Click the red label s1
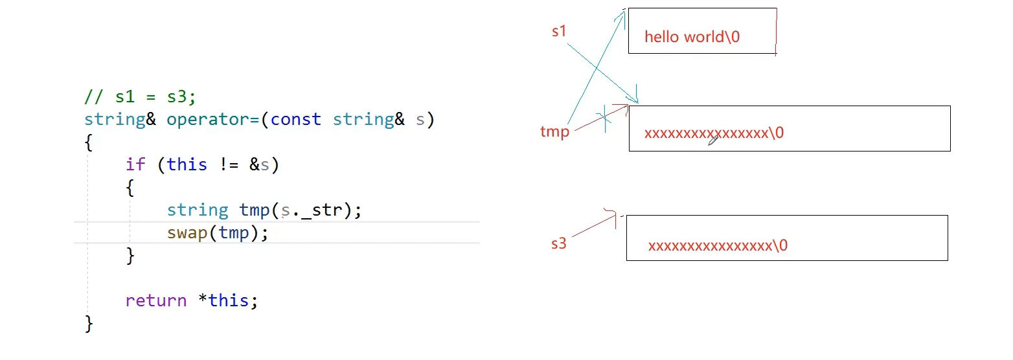(559, 30)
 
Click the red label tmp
(554, 132)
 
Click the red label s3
(558, 243)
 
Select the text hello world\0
(692, 37)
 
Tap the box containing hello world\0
(702, 19)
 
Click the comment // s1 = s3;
(140, 97)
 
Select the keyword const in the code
(295, 120)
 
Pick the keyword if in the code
(136, 165)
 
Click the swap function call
(187, 233)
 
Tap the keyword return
(155, 301)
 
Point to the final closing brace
(89, 323)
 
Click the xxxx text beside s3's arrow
(718, 246)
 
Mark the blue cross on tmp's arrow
(606, 119)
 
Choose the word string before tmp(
(197, 210)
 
